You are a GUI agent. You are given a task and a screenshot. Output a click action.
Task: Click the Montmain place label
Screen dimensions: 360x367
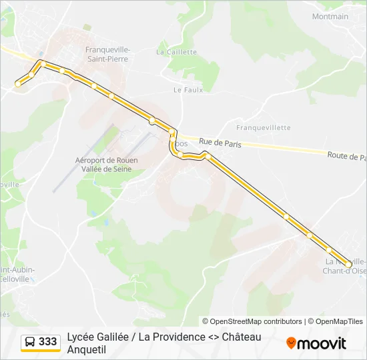pyautogui.click(x=330, y=17)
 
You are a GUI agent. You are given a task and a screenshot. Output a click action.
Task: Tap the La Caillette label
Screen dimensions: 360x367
pyautogui.click(x=176, y=52)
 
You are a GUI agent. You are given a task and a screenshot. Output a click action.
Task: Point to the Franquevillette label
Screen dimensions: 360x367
pyautogui.click(x=264, y=127)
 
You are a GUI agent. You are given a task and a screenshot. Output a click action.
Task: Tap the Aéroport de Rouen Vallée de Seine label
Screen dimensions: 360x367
pyautogui.click(x=103, y=165)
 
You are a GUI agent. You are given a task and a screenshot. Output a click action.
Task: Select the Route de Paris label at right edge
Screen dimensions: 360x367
pyautogui.click(x=346, y=156)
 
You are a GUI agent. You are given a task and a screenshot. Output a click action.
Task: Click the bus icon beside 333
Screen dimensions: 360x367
pyautogui.click(x=30, y=342)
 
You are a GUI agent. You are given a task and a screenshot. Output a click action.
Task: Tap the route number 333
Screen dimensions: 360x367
pyautogui.click(x=48, y=342)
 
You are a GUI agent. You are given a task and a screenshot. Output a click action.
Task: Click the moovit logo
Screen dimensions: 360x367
pyautogui.click(x=316, y=343)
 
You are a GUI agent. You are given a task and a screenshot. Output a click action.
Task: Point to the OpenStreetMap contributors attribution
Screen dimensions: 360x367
pyautogui.click(x=252, y=321)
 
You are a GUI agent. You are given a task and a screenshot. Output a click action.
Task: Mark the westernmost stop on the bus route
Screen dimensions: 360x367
pyautogui.click(x=18, y=84)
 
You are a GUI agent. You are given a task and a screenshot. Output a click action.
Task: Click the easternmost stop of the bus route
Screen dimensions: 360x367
pyautogui.click(x=348, y=265)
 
